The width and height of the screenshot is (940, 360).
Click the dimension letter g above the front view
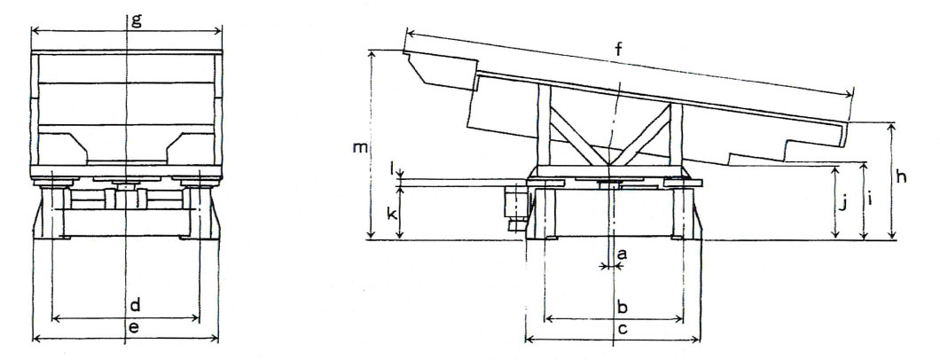tap(137, 20)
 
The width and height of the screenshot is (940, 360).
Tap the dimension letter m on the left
tap(360, 148)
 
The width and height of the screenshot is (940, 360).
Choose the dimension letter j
tap(843, 205)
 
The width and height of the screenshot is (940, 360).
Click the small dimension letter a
tap(622, 254)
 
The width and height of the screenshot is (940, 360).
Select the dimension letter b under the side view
tap(623, 308)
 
